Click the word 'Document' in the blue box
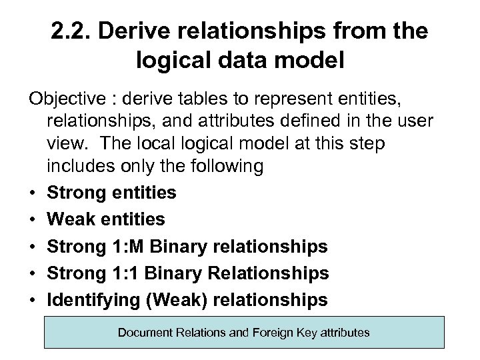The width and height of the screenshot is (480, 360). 146,332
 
